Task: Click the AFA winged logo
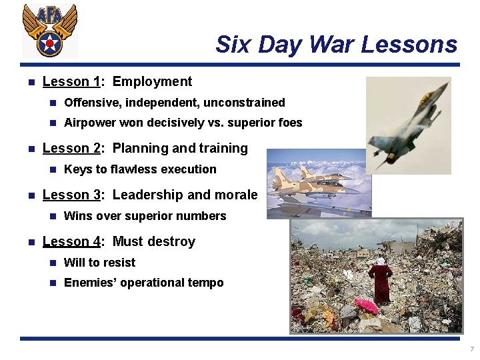pyautogui.click(x=49, y=30)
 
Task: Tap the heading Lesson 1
pyautogui.click(x=71, y=82)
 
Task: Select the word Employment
pyautogui.click(x=152, y=82)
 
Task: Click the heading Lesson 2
pyautogui.click(x=71, y=149)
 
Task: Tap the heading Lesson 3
pyautogui.click(x=71, y=195)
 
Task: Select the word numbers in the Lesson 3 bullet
pyautogui.click(x=200, y=216)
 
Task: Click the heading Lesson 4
pyautogui.click(x=71, y=242)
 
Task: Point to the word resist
pyautogui.click(x=119, y=263)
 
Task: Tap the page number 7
pyautogui.click(x=471, y=349)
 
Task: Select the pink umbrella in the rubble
pyautogui.click(x=365, y=306)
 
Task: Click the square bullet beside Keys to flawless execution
pyautogui.click(x=53, y=169)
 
